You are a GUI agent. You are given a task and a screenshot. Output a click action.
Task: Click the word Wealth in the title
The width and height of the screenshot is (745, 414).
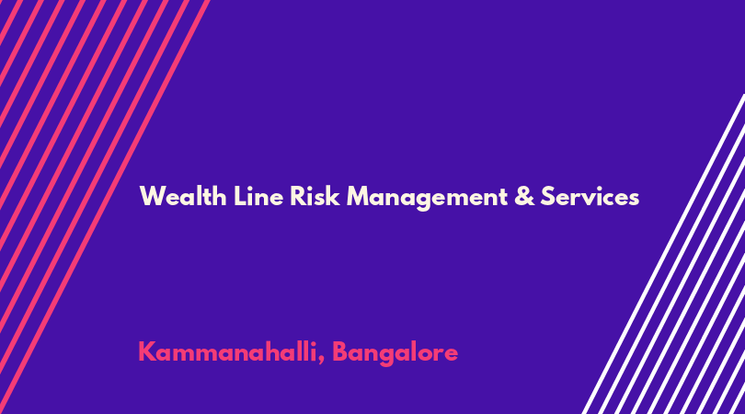[183, 196]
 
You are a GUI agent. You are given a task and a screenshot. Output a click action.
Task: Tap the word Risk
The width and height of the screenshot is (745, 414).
[315, 196]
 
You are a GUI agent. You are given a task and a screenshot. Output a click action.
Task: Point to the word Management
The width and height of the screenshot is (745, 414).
[427, 198]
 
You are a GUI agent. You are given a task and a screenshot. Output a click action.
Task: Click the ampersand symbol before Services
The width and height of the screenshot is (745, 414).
[524, 196]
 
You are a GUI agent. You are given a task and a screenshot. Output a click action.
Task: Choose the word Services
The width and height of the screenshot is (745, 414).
[590, 196]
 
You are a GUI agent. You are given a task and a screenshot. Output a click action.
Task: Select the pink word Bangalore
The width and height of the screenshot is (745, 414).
[395, 353]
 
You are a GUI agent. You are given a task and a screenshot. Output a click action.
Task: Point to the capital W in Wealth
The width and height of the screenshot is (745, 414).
[151, 196]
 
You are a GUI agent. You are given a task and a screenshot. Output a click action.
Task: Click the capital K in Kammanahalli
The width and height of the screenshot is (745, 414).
[147, 351]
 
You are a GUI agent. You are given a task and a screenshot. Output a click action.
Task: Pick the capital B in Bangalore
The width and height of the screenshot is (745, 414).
[340, 351]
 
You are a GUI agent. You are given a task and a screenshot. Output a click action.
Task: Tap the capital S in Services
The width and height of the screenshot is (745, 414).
[548, 196]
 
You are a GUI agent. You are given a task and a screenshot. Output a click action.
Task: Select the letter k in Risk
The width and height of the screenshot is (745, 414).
[333, 196]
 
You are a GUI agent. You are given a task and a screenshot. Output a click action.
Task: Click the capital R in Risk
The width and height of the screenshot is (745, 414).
[298, 196]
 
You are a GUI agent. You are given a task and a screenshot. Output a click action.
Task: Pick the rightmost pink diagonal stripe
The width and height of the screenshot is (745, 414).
[105, 207]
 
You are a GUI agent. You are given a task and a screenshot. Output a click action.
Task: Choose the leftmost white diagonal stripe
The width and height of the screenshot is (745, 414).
[663, 254]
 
